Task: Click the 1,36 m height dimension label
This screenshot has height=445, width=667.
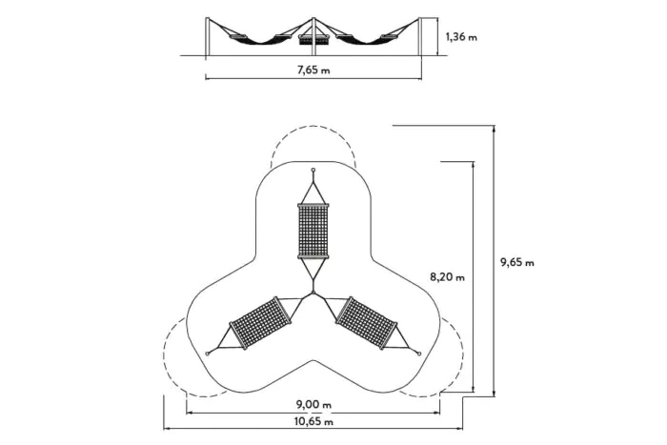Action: [x=461, y=37]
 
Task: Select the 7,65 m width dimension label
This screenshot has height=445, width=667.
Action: [x=313, y=70]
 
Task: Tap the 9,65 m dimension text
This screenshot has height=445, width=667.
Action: [x=516, y=262]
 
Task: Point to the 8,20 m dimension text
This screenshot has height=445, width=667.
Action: [x=447, y=277]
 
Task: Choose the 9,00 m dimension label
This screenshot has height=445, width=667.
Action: [x=313, y=404]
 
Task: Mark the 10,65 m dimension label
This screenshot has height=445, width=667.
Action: [x=313, y=421]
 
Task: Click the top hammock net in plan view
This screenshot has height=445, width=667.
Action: [x=313, y=231]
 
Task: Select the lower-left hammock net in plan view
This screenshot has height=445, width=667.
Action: [x=261, y=323]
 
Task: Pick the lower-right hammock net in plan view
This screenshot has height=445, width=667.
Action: [x=366, y=323]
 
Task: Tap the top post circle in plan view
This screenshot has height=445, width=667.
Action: [x=313, y=171]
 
